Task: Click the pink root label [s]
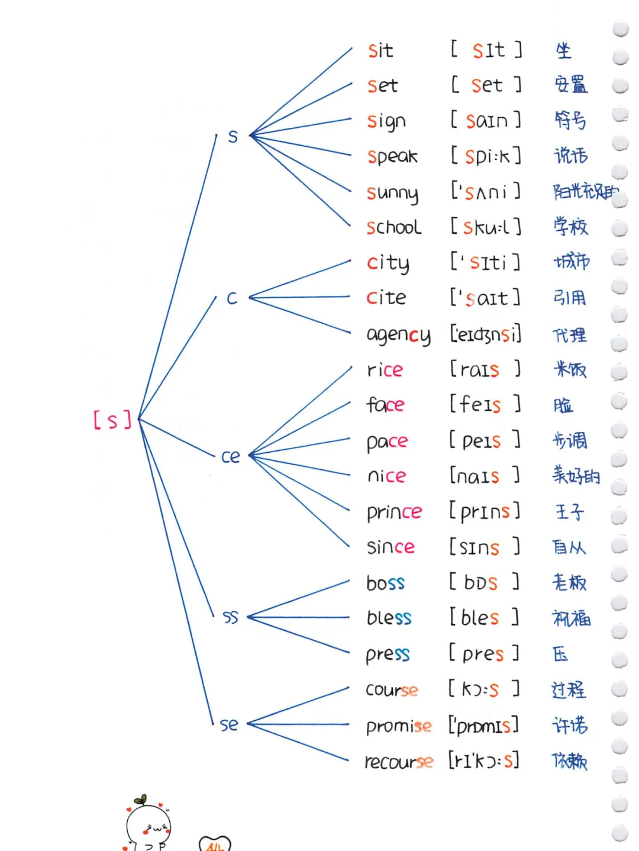pyautogui.click(x=112, y=420)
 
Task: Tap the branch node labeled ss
pyautogui.click(x=231, y=617)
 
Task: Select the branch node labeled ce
pyautogui.click(x=231, y=456)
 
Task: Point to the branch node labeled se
pyautogui.click(x=229, y=724)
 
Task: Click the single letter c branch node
pyautogui.click(x=232, y=298)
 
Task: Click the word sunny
pyautogui.click(x=392, y=193)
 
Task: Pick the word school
pyautogui.click(x=393, y=227)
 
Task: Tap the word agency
pyautogui.click(x=398, y=335)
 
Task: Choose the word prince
pyautogui.click(x=394, y=512)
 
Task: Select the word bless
pyautogui.click(x=389, y=618)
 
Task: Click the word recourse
pyautogui.click(x=399, y=761)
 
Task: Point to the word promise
pyautogui.click(x=399, y=726)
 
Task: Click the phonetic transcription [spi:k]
pyautogui.click(x=486, y=156)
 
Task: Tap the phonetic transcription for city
pyautogui.click(x=485, y=262)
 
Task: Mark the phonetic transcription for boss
pyautogui.click(x=484, y=582)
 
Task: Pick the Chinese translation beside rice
pyautogui.click(x=570, y=370)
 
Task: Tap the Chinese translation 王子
pyautogui.click(x=570, y=511)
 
